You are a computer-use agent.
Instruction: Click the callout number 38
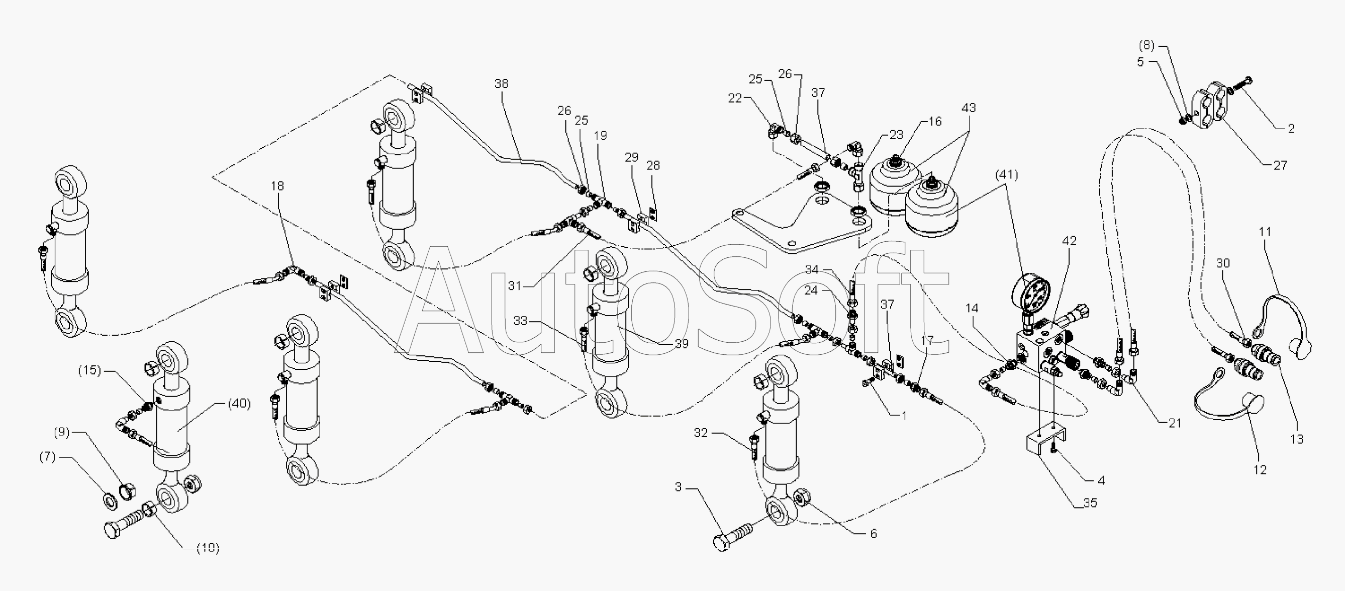(x=501, y=83)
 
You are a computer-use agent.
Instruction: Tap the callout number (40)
(x=239, y=404)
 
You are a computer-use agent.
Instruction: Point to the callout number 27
(x=1280, y=165)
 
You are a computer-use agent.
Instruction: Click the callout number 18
(x=278, y=186)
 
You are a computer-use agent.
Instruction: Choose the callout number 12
(x=1260, y=470)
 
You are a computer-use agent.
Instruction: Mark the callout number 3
(x=678, y=487)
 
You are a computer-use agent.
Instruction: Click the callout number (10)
(x=208, y=548)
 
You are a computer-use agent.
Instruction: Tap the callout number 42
(x=1070, y=241)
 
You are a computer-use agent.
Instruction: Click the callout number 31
(x=515, y=286)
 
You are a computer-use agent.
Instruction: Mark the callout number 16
(x=935, y=122)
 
